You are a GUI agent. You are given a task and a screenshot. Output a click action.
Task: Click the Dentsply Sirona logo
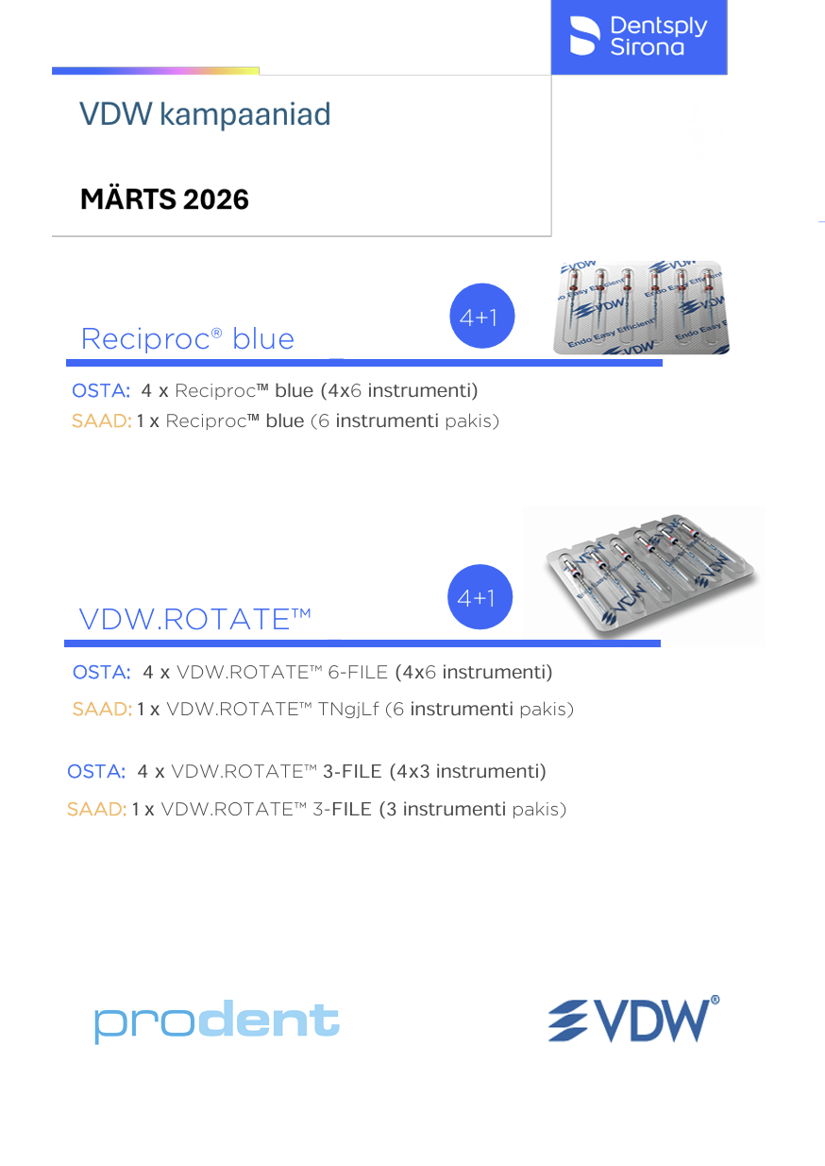coord(639,36)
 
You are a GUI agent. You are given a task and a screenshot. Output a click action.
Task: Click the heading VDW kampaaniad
coord(205,114)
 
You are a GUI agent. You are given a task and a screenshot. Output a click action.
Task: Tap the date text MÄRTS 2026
coord(164,199)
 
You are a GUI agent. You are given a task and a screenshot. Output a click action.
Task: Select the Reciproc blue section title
coord(188,338)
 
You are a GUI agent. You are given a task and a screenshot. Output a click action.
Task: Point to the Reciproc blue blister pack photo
coord(641,308)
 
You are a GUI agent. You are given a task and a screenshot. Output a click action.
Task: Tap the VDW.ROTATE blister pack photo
coord(644,575)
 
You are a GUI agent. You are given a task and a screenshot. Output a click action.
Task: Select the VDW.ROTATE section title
coord(195,619)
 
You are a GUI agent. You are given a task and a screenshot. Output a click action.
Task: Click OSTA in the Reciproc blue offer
coord(101,390)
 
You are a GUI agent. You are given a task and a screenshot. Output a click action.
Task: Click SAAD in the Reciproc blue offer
coord(101,421)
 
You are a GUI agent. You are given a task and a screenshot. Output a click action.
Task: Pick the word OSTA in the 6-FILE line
coord(102,673)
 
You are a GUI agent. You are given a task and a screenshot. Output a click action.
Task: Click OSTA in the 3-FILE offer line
coord(96,772)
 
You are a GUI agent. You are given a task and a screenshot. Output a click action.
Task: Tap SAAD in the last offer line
coord(96,810)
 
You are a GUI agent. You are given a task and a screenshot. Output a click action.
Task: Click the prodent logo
coord(216,1022)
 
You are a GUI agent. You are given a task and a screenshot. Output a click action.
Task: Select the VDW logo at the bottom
coord(633,1019)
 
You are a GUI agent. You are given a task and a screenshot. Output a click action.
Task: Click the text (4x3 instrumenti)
coord(467,772)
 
